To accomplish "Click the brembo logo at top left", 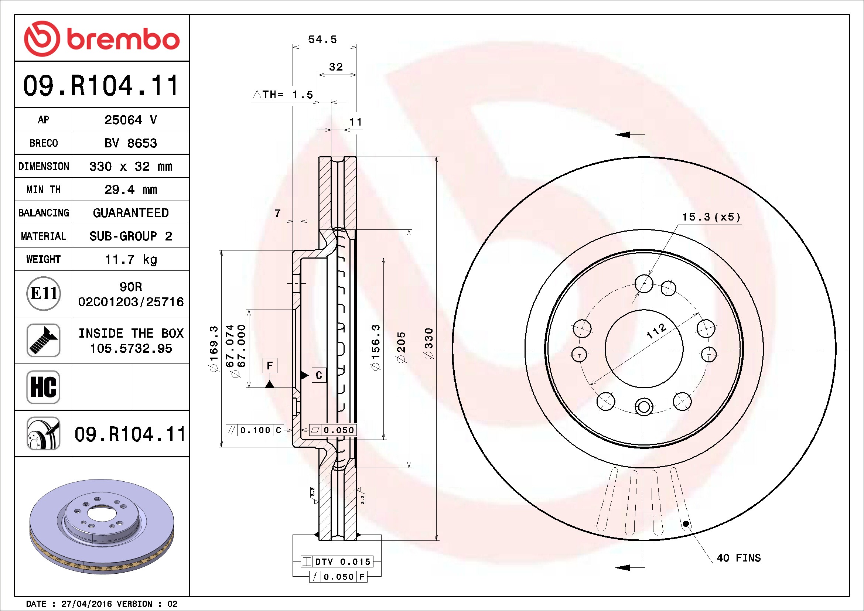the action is coord(102,39).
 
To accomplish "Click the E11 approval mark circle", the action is coord(44,293).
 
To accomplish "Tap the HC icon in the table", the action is coord(44,387).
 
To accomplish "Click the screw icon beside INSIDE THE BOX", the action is coord(44,340).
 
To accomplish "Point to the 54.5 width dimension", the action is coord(322,39).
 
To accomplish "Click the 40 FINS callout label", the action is coord(739,557).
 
